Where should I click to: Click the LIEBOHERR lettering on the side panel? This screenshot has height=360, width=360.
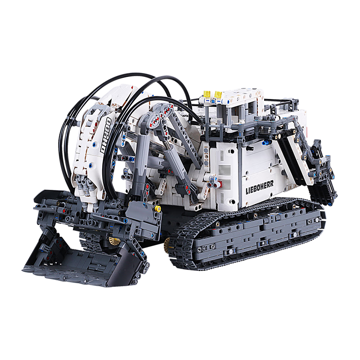260,187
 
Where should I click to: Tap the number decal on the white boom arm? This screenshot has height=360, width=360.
106,135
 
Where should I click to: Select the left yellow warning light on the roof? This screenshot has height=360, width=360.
207,94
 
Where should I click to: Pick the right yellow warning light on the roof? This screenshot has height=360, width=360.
218,94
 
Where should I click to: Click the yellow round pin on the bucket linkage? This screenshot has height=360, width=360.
157,208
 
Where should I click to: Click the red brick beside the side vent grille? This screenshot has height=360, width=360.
220,184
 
